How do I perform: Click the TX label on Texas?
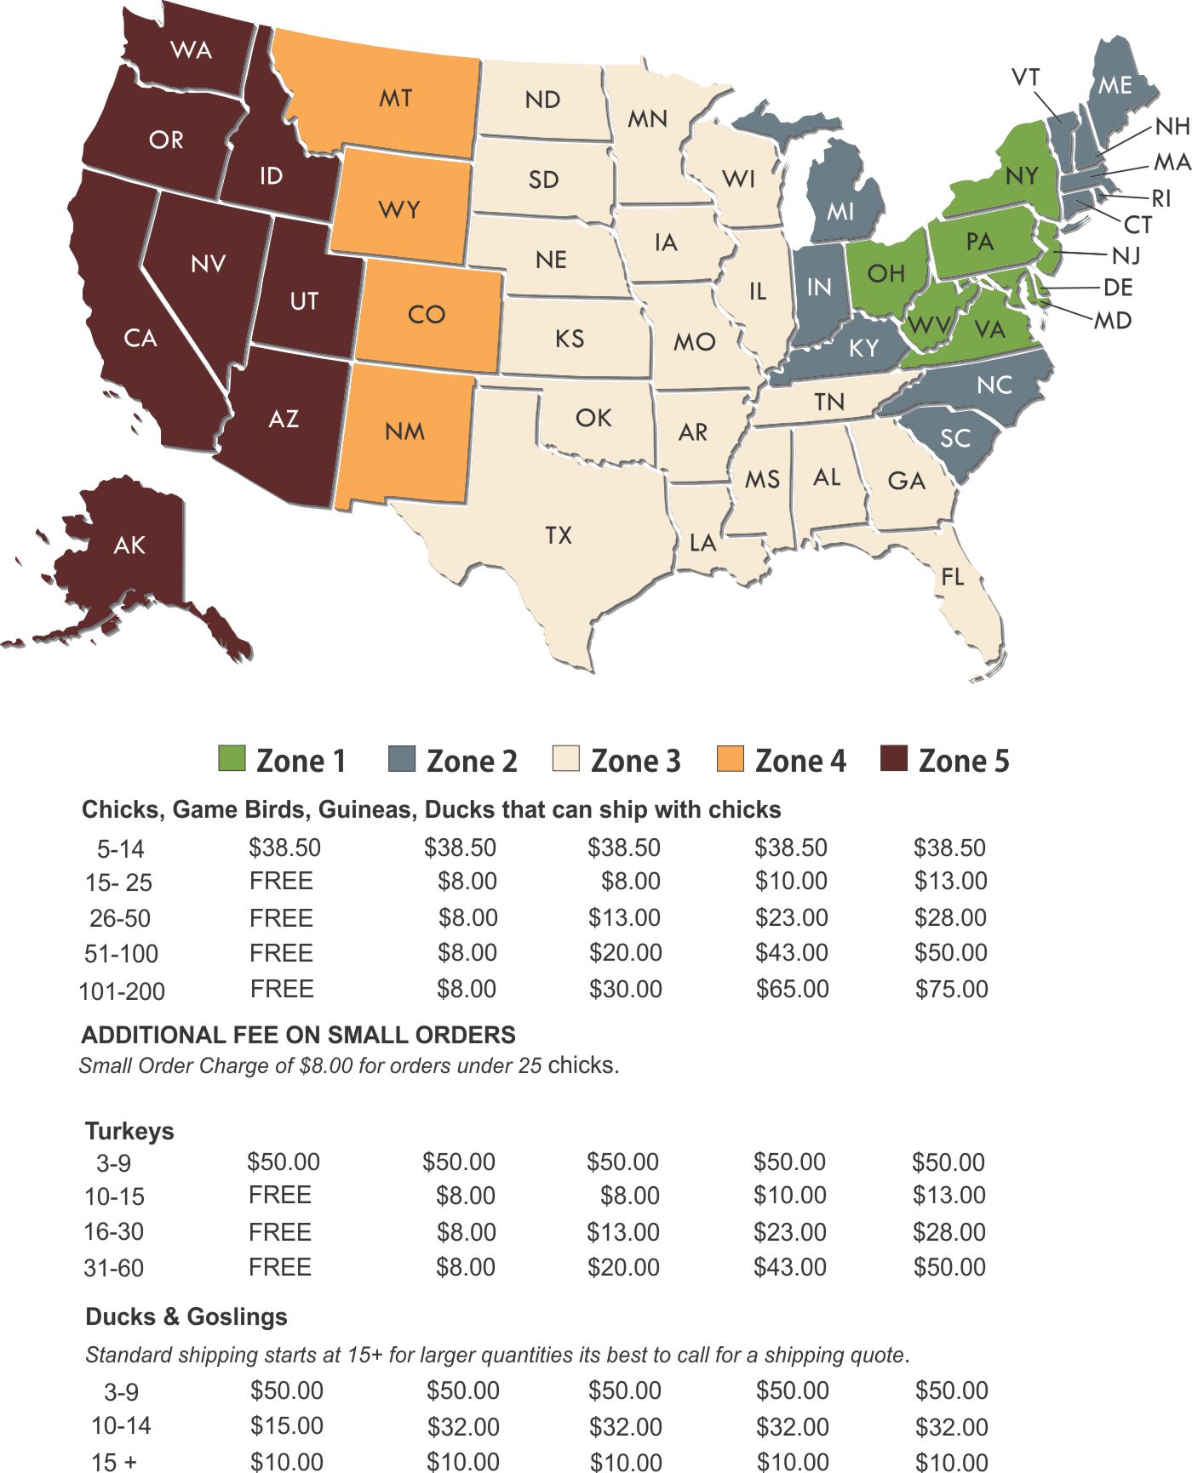pyautogui.click(x=559, y=535)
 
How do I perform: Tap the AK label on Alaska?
pyautogui.click(x=129, y=545)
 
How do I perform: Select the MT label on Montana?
pyautogui.click(x=395, y=99)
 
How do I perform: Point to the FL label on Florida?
pyautogui.click(x=953, y=577)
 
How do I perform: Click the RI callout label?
pyautogui.click(x=1161, y=198)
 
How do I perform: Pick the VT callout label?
pyautogui.click(x=1026, y=77)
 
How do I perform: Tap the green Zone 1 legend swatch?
pyautogui.click(x=232, y=758)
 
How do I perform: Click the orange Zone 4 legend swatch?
pyautogui.click(x=731, y=758)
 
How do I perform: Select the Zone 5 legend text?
pyautogui.click(x=964, y=761)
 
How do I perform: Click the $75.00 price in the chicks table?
pyautogui.click(x=951, y=989)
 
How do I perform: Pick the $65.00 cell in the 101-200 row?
pyautogui.click(x=792, y=989)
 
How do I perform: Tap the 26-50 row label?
pyautogui.click(x=120, y=919)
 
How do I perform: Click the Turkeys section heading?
pyautogui.click(x=129, y=1131)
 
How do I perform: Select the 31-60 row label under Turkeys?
pyautogui.click(x=113, y=1268)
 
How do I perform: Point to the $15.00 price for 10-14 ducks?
pyautogui.click(x=286, y=1425)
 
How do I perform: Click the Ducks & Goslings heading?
pyautogui.click(x=186, y=1316)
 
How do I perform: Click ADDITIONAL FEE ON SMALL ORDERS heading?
pyautogui.click(x=298, y=1035)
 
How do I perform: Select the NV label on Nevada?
pyautogui.click(x=208, y=264)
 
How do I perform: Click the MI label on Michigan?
pyautogui.click(x=840, y=210)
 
